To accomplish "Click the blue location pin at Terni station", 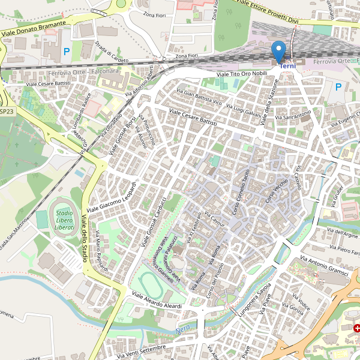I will coord(278,51).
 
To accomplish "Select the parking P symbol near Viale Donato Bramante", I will coord(67,52).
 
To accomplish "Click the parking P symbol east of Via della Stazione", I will coord(338,88).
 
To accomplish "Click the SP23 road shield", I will coord(7,112).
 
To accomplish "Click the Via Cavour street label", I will coord(214,220).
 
